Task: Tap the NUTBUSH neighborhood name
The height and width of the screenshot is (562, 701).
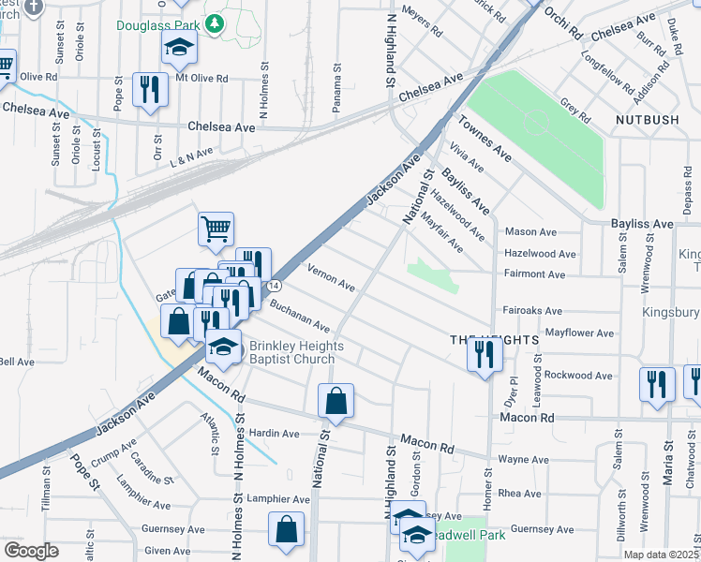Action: pos(646,120)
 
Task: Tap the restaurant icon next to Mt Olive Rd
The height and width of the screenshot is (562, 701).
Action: pos(150,89)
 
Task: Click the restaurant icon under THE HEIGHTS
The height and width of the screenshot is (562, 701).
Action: pos(484,354)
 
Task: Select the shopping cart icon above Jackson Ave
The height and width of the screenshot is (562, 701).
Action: pos(216,228)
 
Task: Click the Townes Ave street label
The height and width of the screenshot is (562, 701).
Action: pos(484,136)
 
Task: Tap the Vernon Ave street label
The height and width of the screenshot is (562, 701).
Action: pos(331,277)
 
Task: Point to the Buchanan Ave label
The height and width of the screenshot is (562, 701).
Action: pos(300,317)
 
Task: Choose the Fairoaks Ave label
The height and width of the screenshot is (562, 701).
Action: pos(532,310)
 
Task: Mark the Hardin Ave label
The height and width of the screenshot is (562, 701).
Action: pos(275,434)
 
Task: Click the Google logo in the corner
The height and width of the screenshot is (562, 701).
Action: pos(31,551)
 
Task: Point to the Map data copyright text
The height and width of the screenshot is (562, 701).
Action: pos(662,555)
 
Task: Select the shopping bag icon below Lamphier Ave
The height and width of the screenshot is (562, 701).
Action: pos(287,528)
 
